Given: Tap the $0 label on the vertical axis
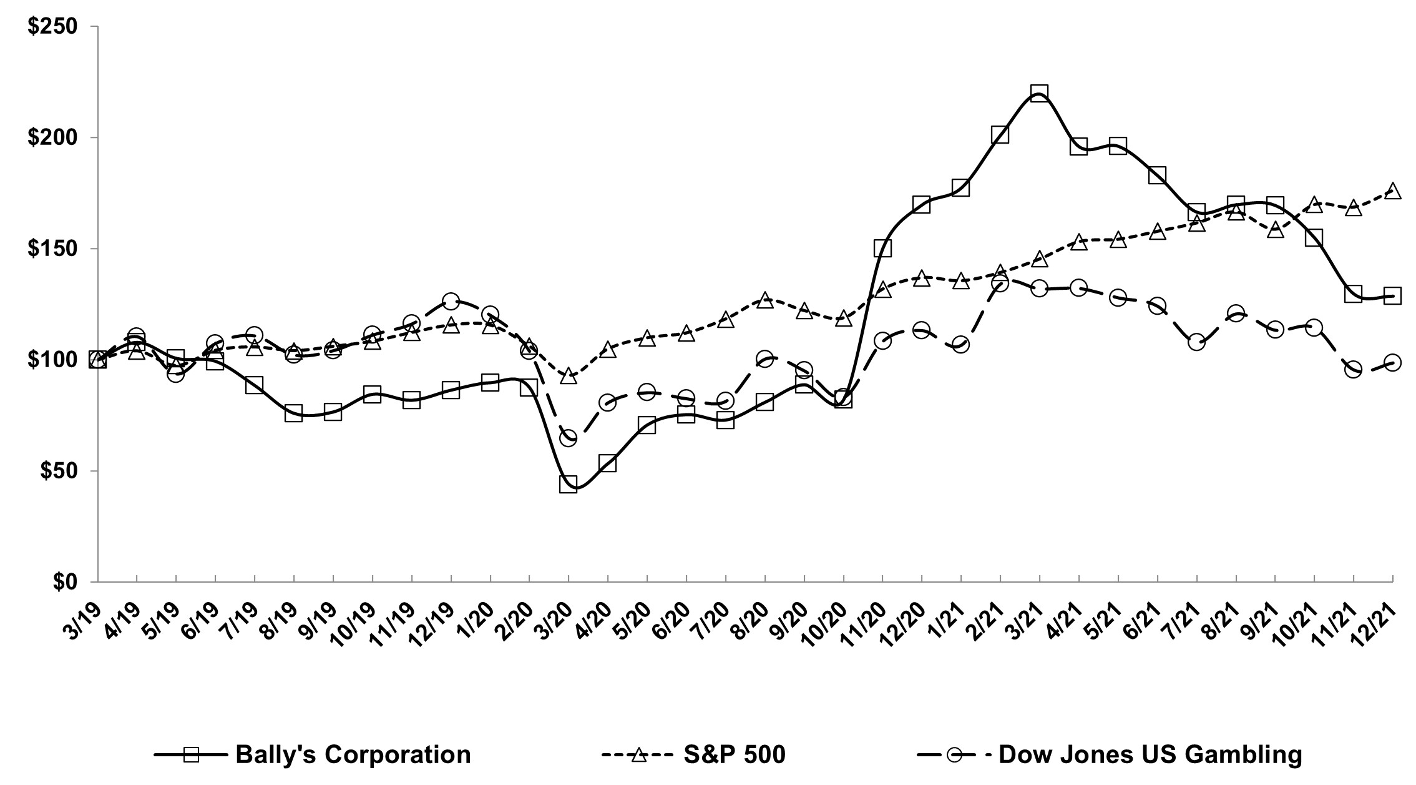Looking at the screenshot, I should [66, 581].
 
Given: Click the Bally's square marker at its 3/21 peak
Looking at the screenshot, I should [1038, 94].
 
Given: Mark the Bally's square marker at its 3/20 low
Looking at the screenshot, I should [568, 484].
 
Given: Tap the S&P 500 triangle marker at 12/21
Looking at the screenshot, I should [1392, 191].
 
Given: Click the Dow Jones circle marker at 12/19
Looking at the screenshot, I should [451, 301].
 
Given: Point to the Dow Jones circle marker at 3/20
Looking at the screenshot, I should [568, 438].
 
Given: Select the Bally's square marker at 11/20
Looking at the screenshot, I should [882, 249].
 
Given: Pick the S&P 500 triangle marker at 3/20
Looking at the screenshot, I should [568, 376].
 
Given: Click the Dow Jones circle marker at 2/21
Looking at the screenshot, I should [1000, 284].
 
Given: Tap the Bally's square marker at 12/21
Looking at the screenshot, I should [1392, 296].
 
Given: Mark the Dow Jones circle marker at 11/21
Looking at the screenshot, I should [1353, 370].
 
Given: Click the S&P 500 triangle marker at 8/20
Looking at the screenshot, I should [765, 300].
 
